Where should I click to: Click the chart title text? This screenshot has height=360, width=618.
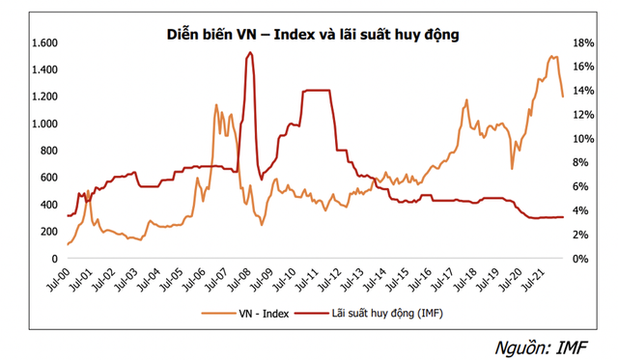click(309, 35)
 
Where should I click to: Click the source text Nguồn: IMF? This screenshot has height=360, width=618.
click(555, 345)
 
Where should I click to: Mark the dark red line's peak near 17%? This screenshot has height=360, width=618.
click(249, 54)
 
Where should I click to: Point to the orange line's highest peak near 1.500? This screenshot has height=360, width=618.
click(552, 57)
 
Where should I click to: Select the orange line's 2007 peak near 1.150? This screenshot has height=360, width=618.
click(219, 104)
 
